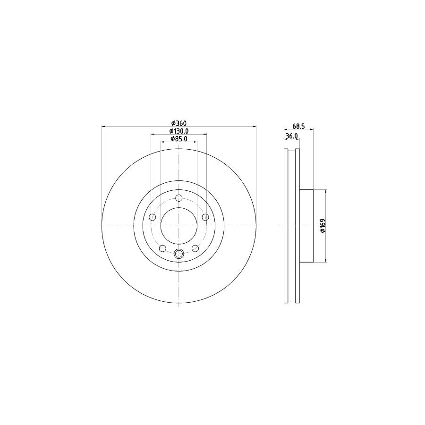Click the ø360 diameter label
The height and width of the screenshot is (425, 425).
click(x=178, y=123)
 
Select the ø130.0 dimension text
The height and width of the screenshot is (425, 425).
click(x=179, y=131)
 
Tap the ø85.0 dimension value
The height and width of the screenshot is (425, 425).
click(x=179, y=139)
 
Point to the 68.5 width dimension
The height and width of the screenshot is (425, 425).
click(x=298, y=126)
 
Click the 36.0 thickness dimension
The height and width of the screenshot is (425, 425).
click(x=291, y=136)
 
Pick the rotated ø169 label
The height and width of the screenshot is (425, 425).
click(x=323, y=226)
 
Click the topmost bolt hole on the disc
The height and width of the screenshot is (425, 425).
click(x=178, y=198)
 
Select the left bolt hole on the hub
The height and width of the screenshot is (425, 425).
click(x=152, y=217)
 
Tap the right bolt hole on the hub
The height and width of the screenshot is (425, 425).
click(x=205, y=217)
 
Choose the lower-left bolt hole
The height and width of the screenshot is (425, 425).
click(x=162, y=248)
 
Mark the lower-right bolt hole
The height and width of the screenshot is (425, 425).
click(x=195, y=248)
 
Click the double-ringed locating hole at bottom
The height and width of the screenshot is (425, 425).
click(x=178, y=254)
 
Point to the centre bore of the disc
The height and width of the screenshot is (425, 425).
click(x=178, y=226)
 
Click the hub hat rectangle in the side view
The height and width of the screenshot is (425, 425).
click(x=306, y=226)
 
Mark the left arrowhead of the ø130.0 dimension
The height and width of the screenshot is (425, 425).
click(x=153, y=134)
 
